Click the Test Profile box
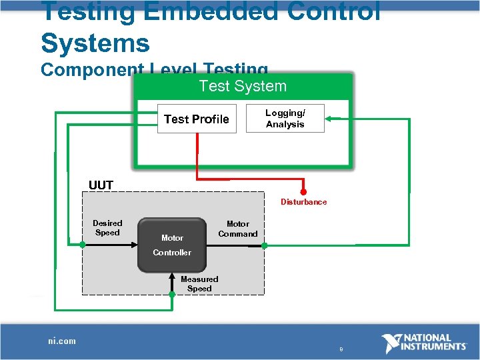tap(197, 119)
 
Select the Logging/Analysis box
tap(285, 119)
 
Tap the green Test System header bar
tap(243, 86)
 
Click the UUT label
tap(101, 185)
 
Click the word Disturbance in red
tap(303, 202)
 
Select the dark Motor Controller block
tap(172, 245)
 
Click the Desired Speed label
tap(107, 228)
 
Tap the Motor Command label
tap(237, 229)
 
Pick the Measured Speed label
tap(199, 284)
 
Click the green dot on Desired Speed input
tap(83, 245)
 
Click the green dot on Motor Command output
tap(264, 245)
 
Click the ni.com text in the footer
tap(62, 341)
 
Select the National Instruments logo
tap(423, 343)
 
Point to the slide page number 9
tap(341, 349)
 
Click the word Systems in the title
tap(95, 43)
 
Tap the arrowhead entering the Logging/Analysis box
tap(329, 119)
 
